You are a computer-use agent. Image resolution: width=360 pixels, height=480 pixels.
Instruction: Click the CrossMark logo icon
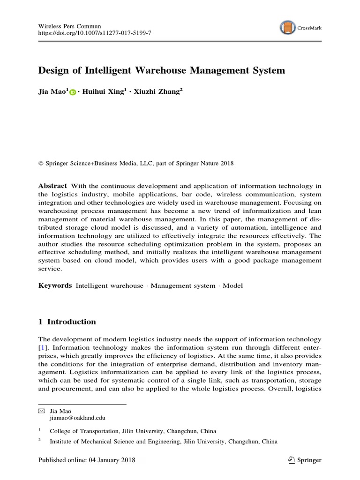pos(288,28)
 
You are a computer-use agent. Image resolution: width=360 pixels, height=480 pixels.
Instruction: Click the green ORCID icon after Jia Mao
pos(73,93)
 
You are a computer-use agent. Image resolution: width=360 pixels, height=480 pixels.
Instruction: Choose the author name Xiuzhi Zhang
pos(156,92)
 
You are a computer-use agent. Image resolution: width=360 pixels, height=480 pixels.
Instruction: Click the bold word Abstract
pos(52,186)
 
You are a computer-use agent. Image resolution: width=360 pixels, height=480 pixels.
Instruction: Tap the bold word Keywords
pos(55,285)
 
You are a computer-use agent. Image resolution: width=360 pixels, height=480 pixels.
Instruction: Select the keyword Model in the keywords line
pos(232,285)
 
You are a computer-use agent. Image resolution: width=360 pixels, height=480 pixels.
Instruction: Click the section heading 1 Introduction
pos(67,322)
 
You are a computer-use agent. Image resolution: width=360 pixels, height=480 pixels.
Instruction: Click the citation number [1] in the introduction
pos(42,348)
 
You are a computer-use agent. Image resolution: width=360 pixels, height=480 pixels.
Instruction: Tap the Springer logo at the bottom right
pos(304,460)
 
